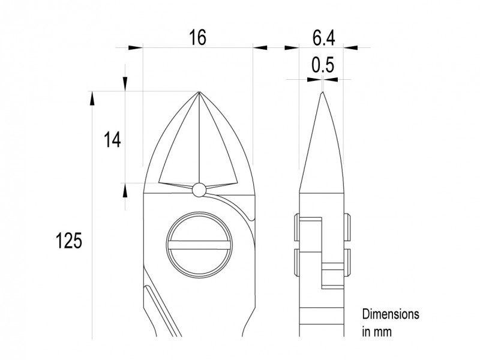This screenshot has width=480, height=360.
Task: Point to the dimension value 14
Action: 111,140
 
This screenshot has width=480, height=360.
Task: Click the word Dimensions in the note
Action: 390,314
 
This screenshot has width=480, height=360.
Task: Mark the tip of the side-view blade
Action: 323,93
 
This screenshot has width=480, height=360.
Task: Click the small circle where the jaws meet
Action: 199,190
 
